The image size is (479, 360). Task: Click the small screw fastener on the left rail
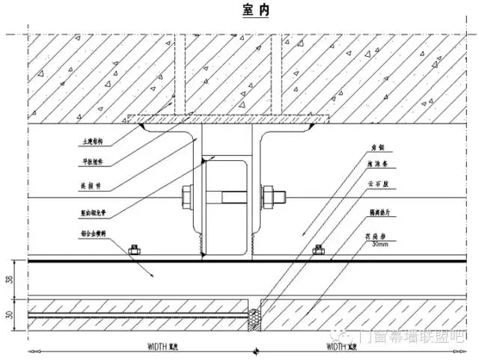[135, 249]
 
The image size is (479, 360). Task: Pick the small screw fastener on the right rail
[319, 249]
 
